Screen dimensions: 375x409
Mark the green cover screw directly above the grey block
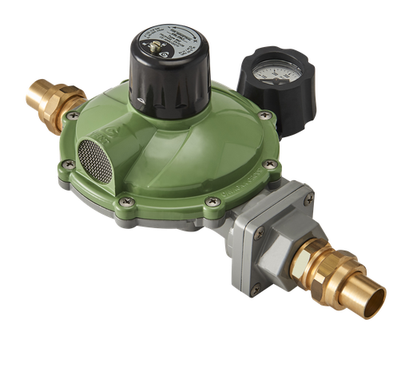tap(212, 203)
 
